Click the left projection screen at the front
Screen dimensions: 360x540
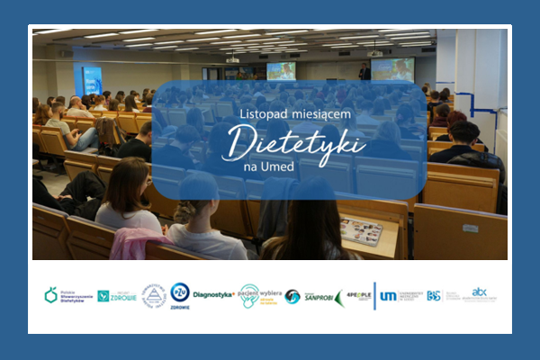pos(281,70)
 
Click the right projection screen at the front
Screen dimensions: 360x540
pos(392,69)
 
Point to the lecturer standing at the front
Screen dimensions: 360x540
pos(364,72)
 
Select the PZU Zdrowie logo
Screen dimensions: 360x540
pos(180,295)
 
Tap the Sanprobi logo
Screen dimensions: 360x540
pos(318,295)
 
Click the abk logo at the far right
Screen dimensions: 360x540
pos(479,293)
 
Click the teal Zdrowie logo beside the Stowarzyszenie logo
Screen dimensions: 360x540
pos(115,295)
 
